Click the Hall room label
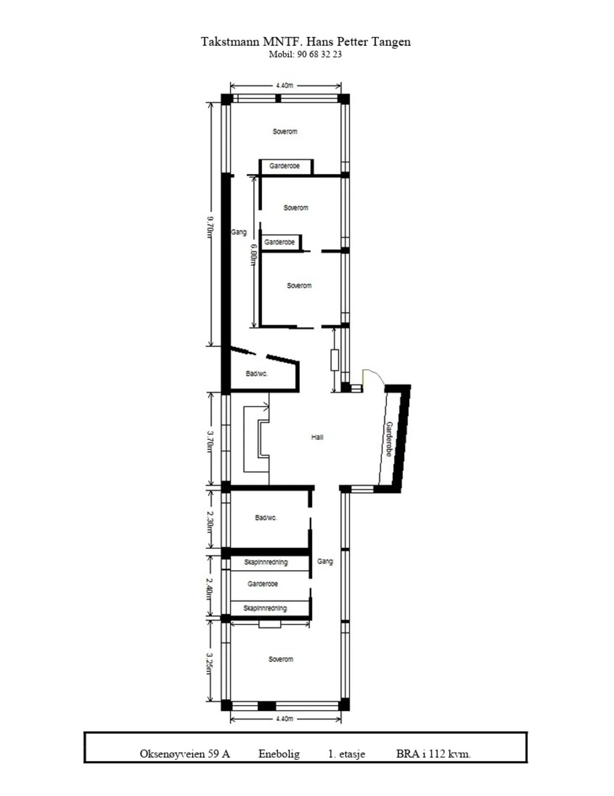pyautogui.click(x=317, y=437)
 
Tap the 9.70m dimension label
pyautogui.click(x=210, y=227)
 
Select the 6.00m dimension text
pyautogui.click(x=253, y=255)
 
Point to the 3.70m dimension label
pyautogui.click(x=210, y=442)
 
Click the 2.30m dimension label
pyautogui.click(x=210, y=522)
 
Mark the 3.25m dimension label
pyautogui.click(x=210, y=664)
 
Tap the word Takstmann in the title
pyautogui.click(x=230, y=42)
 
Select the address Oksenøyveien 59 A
pyautogui.click(x=185, y=754)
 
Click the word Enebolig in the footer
pyautogui.click(x=279, y=754)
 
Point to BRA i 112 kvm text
pyautogui.click(x=433, y=754)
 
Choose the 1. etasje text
pyautogui.click(x=347, y=754)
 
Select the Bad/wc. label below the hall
pyautogui.click(x=266, y=518)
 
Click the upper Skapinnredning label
pyautogui.click(x=266, y=563)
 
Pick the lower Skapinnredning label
pyautogui.click(x=265, y=608)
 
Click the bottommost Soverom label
pyautogui.click(x=281, y=659)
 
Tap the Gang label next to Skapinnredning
pyautogui.click(x=325, y=562)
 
